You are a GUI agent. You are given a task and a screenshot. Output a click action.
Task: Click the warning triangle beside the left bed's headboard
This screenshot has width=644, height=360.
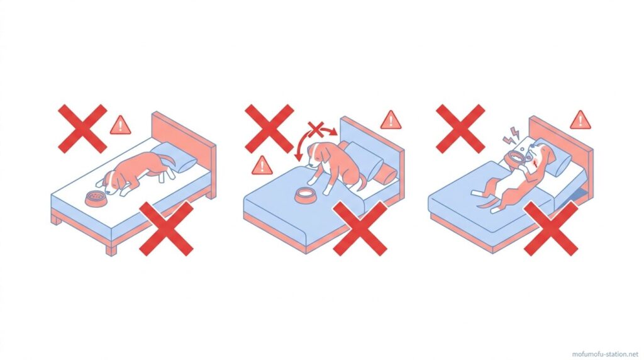point(120,125)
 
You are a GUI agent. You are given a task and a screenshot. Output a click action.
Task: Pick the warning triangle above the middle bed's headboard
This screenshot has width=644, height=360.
point(391,120)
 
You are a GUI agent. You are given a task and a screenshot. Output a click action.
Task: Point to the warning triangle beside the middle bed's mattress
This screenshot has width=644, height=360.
point(262,165)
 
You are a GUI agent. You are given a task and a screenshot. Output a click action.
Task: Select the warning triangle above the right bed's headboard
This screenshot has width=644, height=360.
point(580,120)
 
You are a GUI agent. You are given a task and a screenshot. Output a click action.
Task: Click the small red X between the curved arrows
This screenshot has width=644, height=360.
point(316,130)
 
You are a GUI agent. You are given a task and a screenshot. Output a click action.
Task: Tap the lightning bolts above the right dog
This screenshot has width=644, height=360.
point(511,135)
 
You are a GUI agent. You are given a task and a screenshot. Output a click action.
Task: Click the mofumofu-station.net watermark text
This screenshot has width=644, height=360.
point(606,354)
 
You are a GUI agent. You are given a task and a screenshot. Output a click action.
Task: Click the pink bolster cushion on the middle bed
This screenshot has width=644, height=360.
point(386,176)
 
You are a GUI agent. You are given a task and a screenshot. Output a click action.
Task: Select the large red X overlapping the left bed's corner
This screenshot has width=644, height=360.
point(166,228)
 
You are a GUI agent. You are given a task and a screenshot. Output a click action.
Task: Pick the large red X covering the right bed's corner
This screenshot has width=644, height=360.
point(551,228)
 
